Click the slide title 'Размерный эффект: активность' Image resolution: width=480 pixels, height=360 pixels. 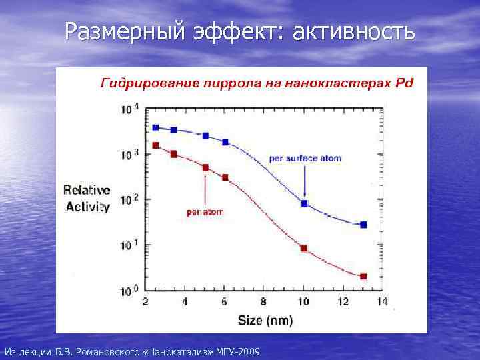click(240, 31)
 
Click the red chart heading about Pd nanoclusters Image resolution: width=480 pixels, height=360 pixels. click(257, 83)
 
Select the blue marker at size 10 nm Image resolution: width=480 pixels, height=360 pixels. click(305, 203)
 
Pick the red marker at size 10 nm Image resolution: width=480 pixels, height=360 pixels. click(305, 248)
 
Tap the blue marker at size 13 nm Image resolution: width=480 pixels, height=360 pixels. click(363, 225)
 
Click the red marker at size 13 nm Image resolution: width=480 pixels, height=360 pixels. click(363, 276)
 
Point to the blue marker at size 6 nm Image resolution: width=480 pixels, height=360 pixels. click(225, 142)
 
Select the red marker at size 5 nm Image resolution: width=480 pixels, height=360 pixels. click(205, 167)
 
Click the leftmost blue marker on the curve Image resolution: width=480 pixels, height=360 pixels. click(155, 127)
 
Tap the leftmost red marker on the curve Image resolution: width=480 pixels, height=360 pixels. click(155, 145)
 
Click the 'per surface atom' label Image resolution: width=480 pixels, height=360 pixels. click(305, 159)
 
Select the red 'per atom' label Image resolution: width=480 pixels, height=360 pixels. click(205, 212)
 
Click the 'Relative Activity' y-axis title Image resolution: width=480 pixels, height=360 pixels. click(87, 199)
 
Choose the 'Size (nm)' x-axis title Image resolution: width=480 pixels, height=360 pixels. click(265, 320)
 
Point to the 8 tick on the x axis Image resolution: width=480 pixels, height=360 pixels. click(264, 302)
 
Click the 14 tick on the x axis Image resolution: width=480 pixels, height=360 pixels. click(382, 302)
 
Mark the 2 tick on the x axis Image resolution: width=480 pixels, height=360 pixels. click(145, 302)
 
